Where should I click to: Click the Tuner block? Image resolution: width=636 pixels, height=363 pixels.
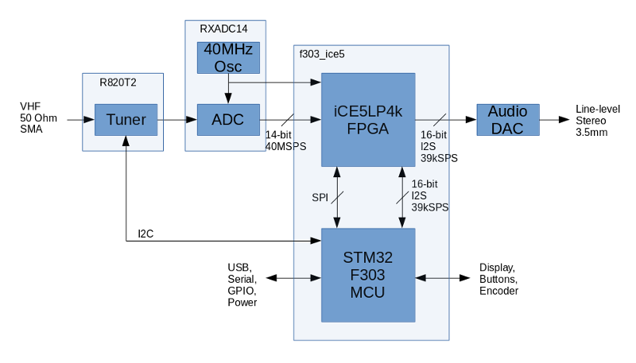[126, 120]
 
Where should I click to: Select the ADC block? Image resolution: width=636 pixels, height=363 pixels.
[229, 120]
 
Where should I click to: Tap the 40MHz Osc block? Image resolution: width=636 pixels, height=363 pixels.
[229, 58]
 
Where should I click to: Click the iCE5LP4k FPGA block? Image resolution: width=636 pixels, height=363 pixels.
[367, 120]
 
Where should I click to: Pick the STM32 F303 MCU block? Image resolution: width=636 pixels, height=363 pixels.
[367, 274]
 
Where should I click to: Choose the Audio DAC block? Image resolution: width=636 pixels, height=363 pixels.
[507, 120]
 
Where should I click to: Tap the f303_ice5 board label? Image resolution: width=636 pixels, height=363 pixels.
[321, 55]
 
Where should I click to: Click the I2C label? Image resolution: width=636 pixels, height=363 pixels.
[145, 234]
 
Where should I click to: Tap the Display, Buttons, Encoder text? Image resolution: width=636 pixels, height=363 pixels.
[499, 280]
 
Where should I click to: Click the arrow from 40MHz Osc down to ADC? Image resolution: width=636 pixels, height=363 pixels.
[229, 91]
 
